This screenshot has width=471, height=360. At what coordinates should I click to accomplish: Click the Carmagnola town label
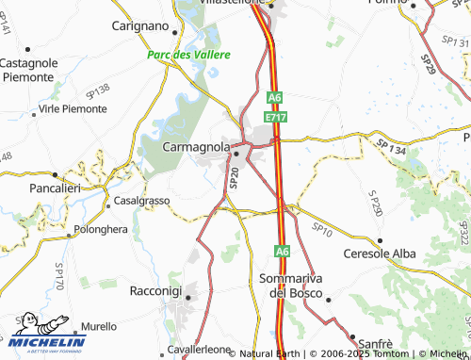[x=196, y=148]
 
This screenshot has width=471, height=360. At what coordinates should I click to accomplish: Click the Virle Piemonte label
[x=72, y=109]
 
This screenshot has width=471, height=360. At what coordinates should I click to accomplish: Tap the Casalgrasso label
[x=141, y=202]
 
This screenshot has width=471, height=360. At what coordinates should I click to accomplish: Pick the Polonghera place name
[x=101, y=229]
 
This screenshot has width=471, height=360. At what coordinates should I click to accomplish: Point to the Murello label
[x=99, y=325]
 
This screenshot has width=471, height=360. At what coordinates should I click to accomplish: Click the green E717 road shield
[x=275, y=115]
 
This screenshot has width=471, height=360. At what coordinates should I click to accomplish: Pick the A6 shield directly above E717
[x=274, y=97]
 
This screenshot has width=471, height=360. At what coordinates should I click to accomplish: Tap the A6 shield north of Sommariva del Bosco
[x=282, y=252]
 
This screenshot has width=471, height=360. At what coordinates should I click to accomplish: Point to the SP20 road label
[x=234, y=177]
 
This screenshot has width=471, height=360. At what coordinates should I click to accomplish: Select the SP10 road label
[x=322, y=228]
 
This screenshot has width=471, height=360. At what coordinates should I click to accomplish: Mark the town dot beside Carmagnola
[x=237, y=153]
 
